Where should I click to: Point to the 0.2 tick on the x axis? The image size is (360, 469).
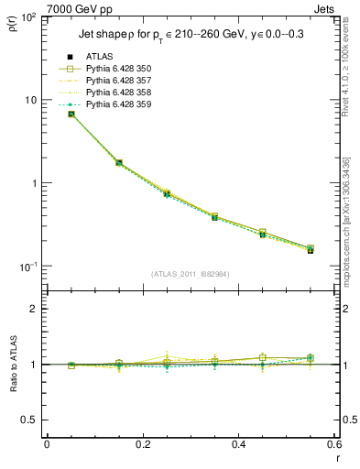pyautogui.click(x=143, y=445)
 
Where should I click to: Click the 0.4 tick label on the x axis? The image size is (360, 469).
pyautogui.click(x=239, y=445)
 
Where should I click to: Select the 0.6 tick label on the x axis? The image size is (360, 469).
pyautogui.click(x=335, y=445)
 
